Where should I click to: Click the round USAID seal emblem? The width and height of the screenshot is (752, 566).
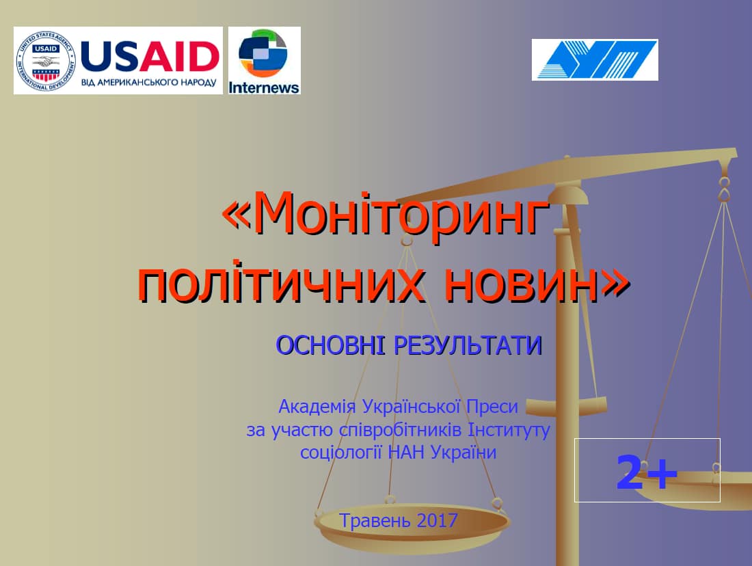(46, 61)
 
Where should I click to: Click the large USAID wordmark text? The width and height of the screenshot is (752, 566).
(150, 55)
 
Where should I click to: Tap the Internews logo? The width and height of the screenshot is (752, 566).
(265, 60)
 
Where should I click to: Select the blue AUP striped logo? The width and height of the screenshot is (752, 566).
(595, 59)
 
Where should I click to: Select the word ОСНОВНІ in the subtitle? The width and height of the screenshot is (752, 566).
(330, 345)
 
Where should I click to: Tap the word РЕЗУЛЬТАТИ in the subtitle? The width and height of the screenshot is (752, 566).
(468, 345)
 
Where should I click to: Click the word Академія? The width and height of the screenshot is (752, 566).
(317, 407)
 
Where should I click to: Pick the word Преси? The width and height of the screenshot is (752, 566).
(492, 407)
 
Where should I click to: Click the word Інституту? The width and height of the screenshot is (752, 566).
(509, 430)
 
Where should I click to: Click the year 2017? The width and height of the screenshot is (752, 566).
(438, 520)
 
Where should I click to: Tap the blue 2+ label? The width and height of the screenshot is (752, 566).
(647, 472)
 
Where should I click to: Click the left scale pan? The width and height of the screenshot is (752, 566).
(412, 524)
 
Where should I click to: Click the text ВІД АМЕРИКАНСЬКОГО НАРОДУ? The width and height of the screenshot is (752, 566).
(148, 82)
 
